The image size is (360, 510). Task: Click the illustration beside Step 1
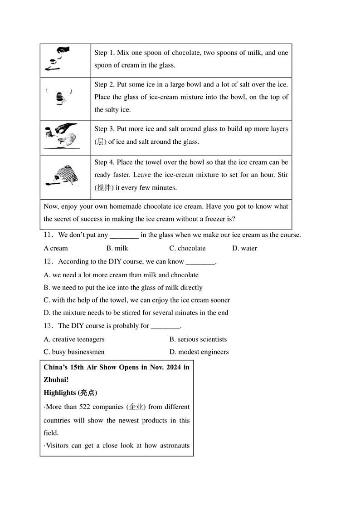(58, 60)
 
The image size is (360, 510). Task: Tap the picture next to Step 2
(59, 97)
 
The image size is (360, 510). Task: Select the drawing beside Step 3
(62, 136)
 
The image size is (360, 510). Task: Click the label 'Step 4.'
(105, 162)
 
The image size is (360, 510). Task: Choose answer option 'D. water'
(244, 248)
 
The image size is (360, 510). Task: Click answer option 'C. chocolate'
(187, 248)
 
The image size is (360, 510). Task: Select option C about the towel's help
(137, 300)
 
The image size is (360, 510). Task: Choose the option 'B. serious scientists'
(198, 339)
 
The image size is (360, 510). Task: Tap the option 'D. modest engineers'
(199, 352)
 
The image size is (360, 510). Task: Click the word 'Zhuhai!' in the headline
(56, 380)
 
